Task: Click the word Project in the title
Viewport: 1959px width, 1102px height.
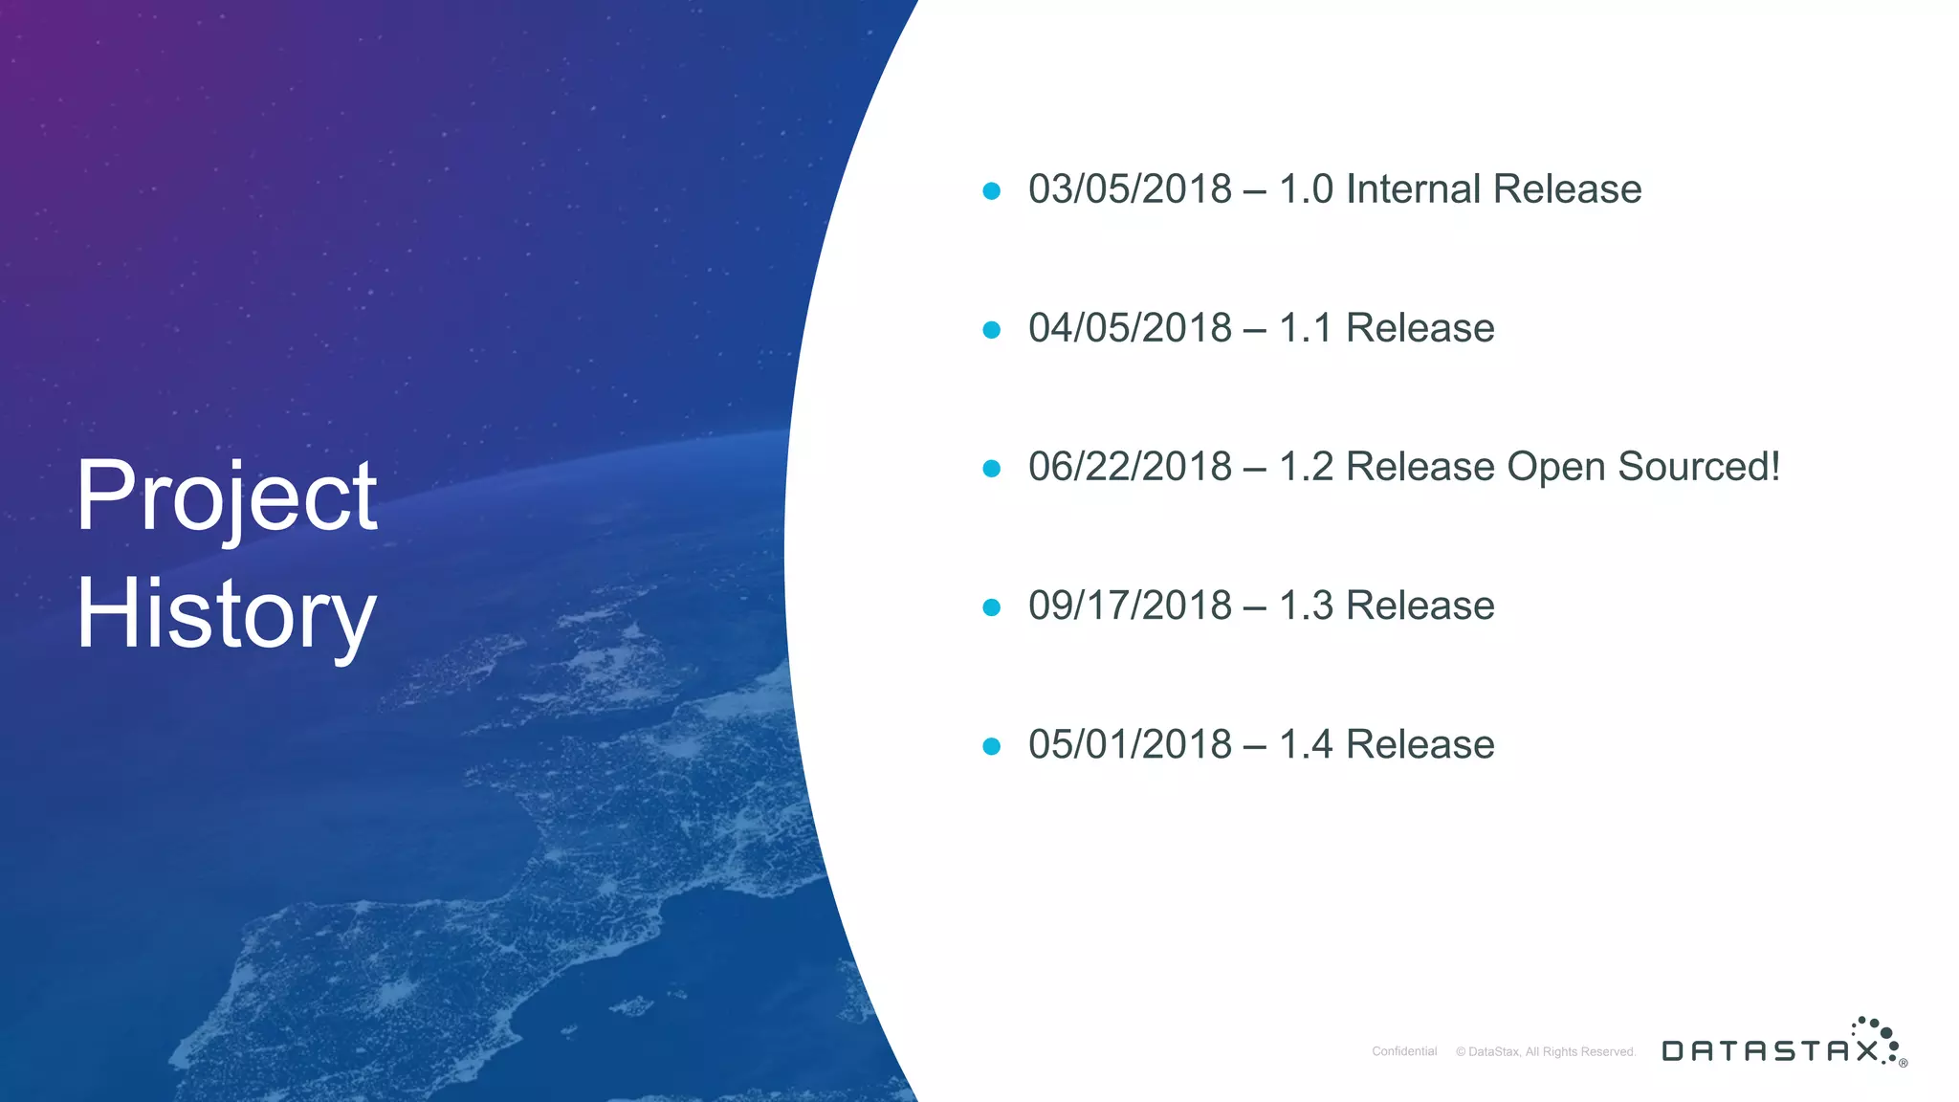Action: (x=227, y=497)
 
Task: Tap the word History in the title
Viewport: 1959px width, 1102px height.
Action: (x=227, y=614)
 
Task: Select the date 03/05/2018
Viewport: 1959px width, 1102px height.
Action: (x=1130, y=189)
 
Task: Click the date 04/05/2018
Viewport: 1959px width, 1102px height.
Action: (x=1130, y=328)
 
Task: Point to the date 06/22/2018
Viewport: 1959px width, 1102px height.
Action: (x=1130, y=467)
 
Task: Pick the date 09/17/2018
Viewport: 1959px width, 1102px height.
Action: (x=1130, y=606)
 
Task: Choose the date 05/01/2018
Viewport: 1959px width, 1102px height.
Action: (x=1130, y=744)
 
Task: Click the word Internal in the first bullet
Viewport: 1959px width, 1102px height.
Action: (x=1413, y=189)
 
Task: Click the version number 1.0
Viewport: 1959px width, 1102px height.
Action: (x=1306, y=189)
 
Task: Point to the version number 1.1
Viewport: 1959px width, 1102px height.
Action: (x=1306, y=328)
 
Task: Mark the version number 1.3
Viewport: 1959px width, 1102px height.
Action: (x=1306, y=606)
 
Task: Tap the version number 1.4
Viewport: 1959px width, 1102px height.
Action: (x=1306, y=744)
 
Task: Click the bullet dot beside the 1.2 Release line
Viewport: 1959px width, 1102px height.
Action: (x=992, y=469)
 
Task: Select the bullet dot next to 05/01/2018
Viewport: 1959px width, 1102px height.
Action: (x=992, y=746)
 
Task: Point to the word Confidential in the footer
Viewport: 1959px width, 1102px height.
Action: (x=1404, y=1051)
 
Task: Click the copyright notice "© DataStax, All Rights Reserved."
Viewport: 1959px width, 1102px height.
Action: (x=1546, y=1051)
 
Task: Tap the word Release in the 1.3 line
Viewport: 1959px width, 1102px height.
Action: (x=1420, y=606)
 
